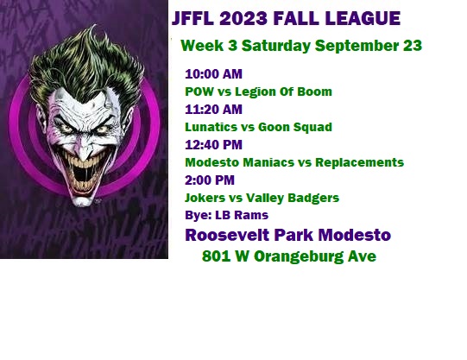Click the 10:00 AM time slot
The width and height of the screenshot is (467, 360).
point(213,74)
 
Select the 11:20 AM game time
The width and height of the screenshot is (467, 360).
point(213,110)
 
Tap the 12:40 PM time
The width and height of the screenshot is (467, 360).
point(213,145)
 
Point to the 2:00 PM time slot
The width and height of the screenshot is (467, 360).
point(210,180)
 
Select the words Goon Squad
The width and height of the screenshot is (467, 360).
point(295,128)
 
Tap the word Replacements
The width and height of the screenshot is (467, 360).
point(359,162)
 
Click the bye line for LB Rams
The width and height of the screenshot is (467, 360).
point(227,215)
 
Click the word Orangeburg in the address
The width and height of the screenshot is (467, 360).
point(299,256)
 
